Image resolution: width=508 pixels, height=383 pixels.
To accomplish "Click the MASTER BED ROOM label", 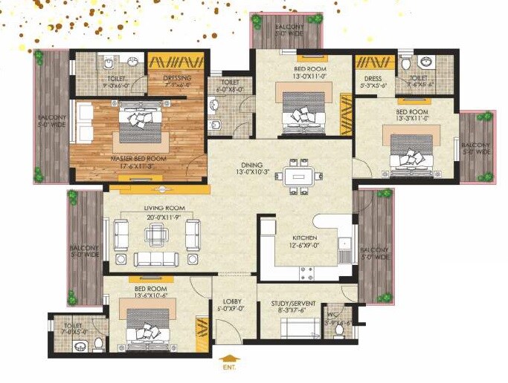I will [138, 159].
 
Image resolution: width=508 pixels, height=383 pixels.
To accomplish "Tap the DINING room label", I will [252, 166].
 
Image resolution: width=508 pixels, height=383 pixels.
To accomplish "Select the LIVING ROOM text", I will [155, 208].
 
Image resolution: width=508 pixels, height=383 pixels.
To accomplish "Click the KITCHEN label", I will [305, 238].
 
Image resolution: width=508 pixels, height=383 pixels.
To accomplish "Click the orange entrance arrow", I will [228, 356].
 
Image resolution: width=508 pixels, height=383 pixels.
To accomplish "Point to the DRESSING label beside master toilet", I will [178, 77].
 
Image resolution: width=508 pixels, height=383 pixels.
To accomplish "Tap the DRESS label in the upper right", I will [373, 78].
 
